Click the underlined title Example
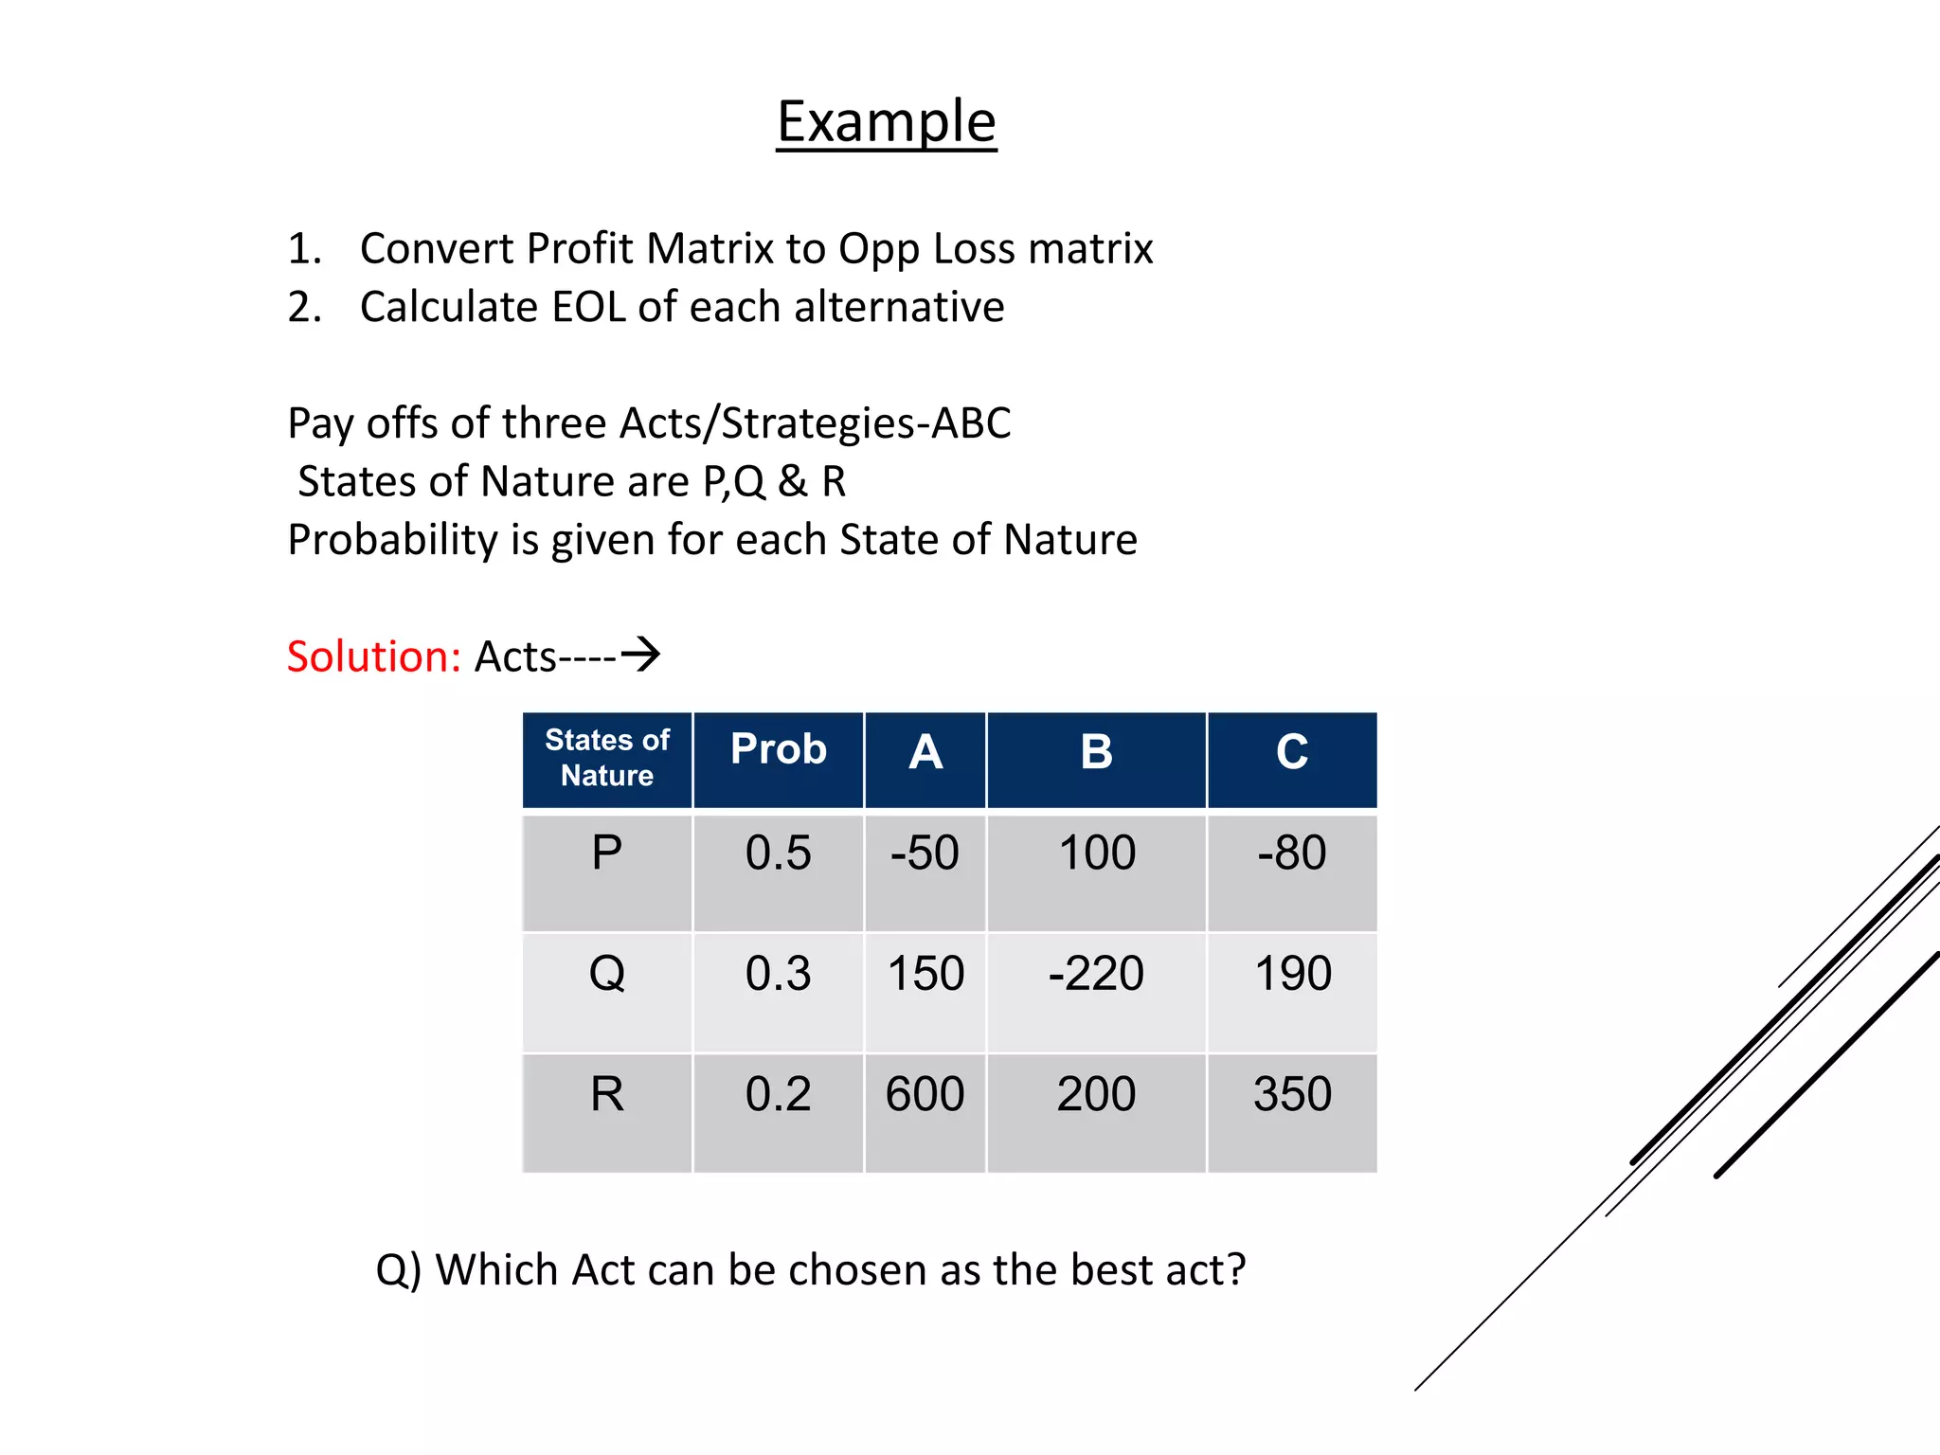pos(887,121)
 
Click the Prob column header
pos(779,749)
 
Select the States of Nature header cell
pos(607,758)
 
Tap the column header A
pos(925,752)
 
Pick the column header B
pos(1096,752)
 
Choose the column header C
pos(1292,752)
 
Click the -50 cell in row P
pos(925,853)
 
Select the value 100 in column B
pos(1097,853)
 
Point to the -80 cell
pos(1292,853)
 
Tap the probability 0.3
pos(778,974)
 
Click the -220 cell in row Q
pos(1096,974)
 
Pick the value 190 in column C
pos(1292,974)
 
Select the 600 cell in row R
pos(925,1094)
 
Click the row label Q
pos(607,974)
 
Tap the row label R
pos(607,1094)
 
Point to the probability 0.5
pos(778,853)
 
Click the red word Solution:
pos(373,656)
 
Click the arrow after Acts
pos(641,655)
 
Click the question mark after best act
pos(1234,1269)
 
